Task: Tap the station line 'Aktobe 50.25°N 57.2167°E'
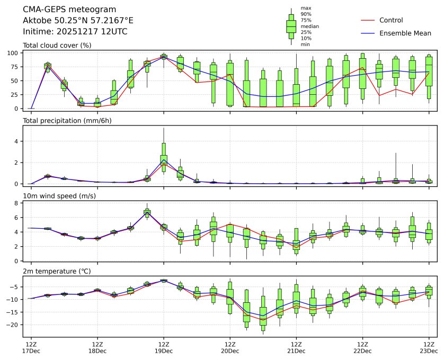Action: point(78,21)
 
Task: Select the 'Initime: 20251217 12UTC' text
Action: point(75,31)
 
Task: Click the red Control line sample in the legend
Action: point(368,20)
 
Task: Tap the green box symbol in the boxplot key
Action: point(291,26)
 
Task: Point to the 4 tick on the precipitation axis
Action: point(17,141)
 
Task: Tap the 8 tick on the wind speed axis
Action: point(17,203)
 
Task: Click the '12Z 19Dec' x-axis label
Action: point(164,347)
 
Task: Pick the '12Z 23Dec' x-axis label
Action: point(429,347)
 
